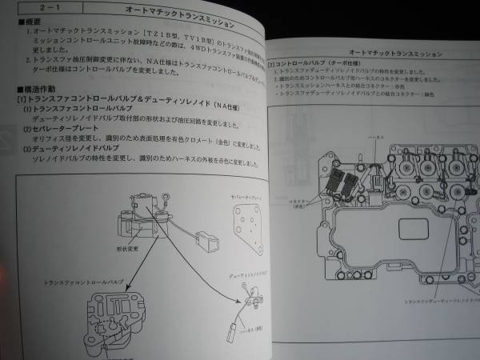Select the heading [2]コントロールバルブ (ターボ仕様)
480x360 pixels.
tap(314, 62)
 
